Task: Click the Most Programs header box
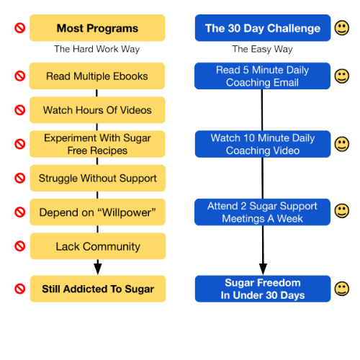pos(97,28)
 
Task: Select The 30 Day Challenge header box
pos(263,28)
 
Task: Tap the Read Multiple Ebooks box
pos(97,76)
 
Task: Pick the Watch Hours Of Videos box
pos(97,110)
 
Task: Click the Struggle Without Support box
pos(98,178)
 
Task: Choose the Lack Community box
pos(98,246)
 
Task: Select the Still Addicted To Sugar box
pos(98,289)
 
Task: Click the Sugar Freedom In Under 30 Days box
pos(263,289)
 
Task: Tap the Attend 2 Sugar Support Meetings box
pos(262,212)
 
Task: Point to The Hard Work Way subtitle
pos(96,49)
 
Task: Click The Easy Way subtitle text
pos(262,49)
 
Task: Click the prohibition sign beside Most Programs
pos(20,28)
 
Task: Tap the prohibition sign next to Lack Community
pos(20,246)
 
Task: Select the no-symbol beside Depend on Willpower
pos(20,212)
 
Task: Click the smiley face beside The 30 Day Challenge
pos(342,28)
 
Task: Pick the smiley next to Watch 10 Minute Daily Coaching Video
pos(342,144)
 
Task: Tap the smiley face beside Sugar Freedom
pos(342,289)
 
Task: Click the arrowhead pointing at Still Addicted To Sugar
pos(98,269)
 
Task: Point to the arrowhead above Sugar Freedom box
pos(263,269)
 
